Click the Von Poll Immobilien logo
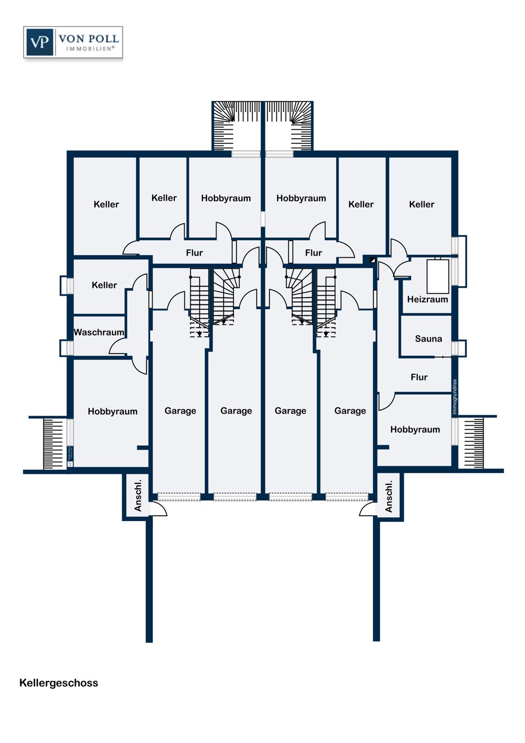[73, 43]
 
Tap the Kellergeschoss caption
[59, 683]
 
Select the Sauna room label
[428, 339]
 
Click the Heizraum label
[427, 300]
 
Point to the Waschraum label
[99, 332]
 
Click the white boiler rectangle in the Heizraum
[438, 276]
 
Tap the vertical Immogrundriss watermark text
[455, 397]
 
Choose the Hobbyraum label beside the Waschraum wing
[112, 412]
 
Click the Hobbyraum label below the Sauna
[415, 429]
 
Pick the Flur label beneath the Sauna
[419, 377]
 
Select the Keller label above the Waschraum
[104, 285]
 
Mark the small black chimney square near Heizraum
[372, 260]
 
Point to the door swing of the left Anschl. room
[158, 509]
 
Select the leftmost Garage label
[180, 411]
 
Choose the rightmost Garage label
[350, 411]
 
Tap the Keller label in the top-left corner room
[106, 204]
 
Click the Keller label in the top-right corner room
[421, 204]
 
